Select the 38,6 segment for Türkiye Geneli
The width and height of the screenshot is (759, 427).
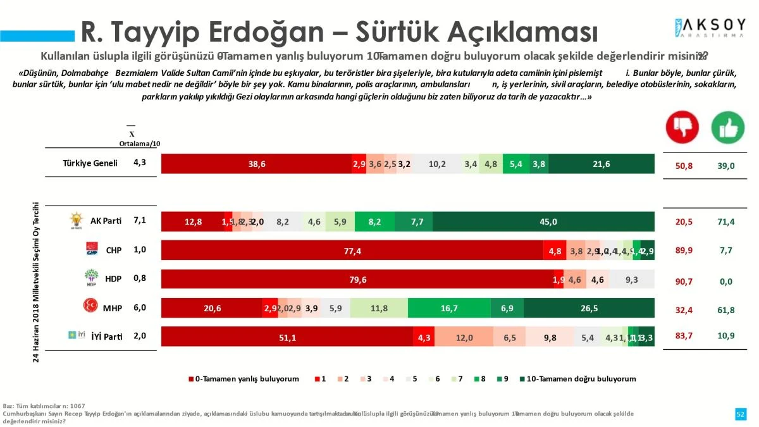256,164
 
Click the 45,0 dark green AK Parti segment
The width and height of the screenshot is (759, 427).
548,221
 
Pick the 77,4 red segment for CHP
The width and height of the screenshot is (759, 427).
352,251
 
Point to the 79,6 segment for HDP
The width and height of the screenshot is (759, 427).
357,280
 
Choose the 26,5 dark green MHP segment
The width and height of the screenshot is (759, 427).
588,308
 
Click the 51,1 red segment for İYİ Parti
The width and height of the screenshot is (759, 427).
287,337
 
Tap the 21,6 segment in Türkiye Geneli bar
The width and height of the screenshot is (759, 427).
601,164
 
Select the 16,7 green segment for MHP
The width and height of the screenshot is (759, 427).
448,308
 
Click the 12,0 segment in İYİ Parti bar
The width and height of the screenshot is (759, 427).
464,337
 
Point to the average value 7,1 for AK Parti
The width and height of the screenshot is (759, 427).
140,220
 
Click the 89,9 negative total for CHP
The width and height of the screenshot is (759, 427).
683,251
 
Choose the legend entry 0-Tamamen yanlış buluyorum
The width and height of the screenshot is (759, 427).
244,379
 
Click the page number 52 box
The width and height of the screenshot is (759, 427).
740,414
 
